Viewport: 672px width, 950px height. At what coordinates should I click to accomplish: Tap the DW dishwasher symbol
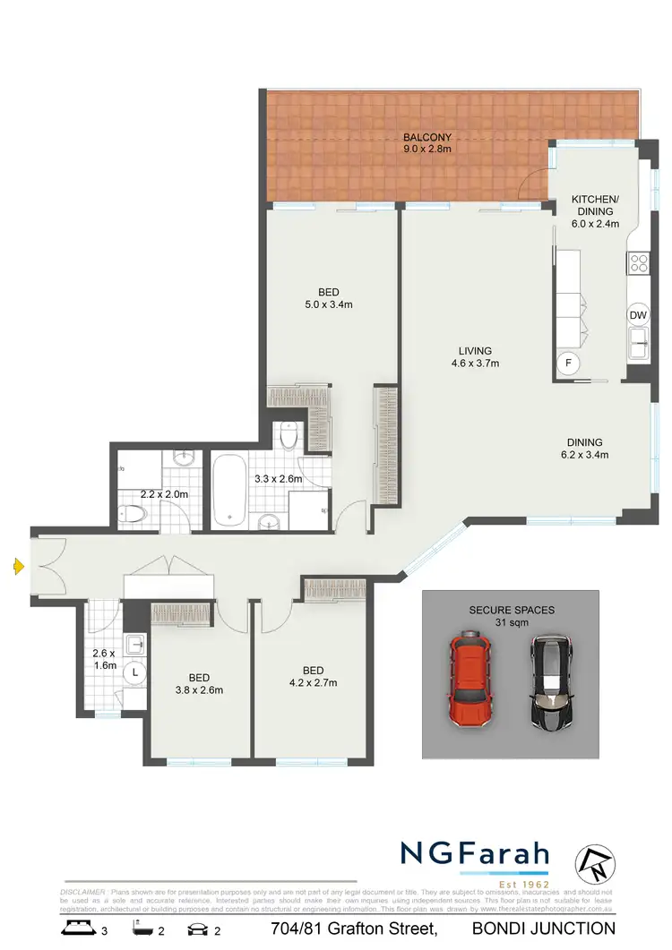click(638, 315)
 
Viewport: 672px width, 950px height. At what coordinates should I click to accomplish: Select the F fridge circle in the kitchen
click(566, 363)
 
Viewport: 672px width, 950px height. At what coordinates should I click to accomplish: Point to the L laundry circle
click(134, 671)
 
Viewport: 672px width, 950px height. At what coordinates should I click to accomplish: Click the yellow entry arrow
click(18, 565)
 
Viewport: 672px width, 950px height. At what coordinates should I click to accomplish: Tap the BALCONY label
click(426, 137)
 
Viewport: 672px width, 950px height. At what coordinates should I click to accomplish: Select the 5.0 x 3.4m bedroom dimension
click(329, 304)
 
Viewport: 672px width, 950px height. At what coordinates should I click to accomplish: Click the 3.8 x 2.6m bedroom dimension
click(199, 689)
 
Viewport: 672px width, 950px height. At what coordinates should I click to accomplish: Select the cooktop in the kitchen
click(639, 263)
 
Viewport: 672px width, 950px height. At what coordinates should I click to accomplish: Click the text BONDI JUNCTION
click(544, 928)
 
